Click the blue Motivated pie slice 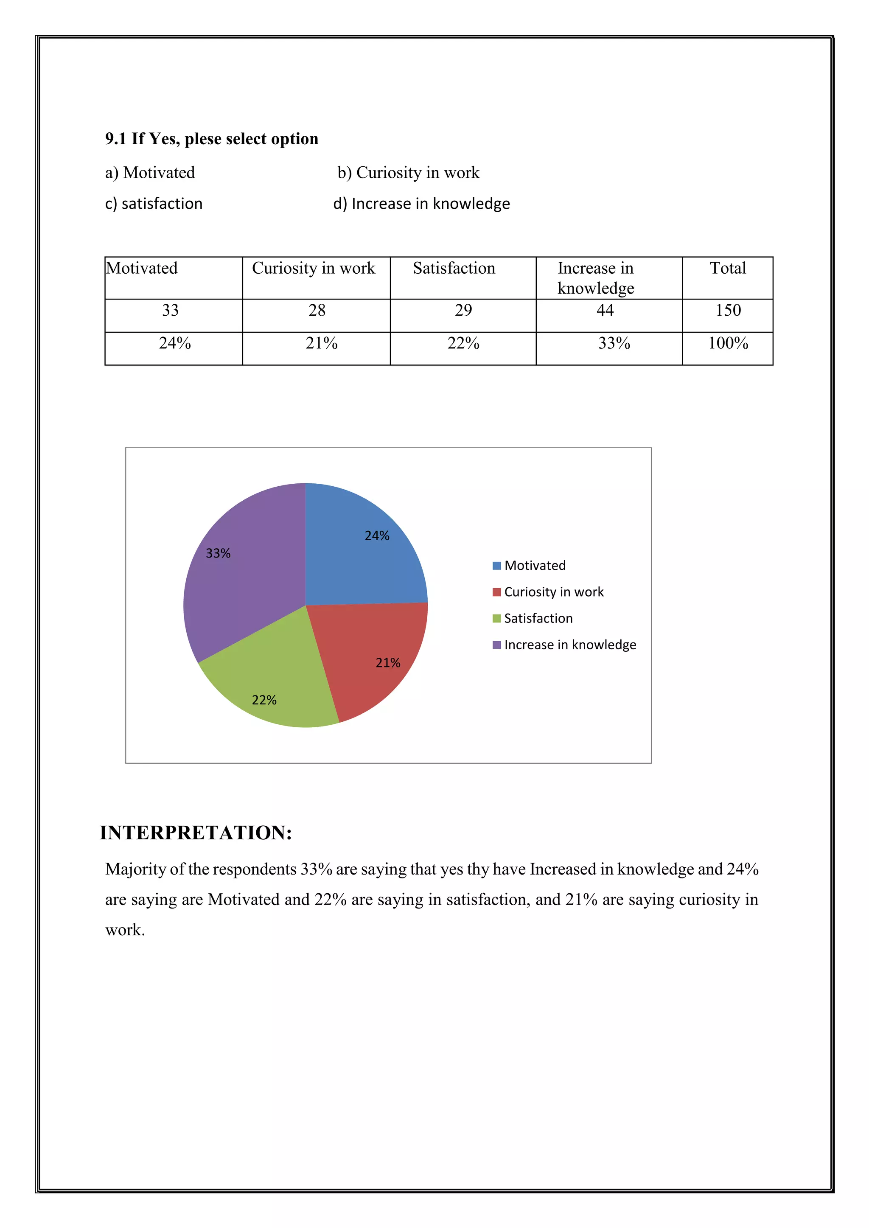[359, 556]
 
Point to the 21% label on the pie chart [387, 663]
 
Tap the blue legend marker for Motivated [496, 566]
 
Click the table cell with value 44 [605, 310]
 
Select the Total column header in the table [727, 268]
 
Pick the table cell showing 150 [728, 310]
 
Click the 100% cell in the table [728, 343]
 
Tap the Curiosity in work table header [314, 268]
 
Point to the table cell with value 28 [317, 310]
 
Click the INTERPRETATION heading [196, 833]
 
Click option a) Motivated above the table [150, 173]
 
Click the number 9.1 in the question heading [115, 139]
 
